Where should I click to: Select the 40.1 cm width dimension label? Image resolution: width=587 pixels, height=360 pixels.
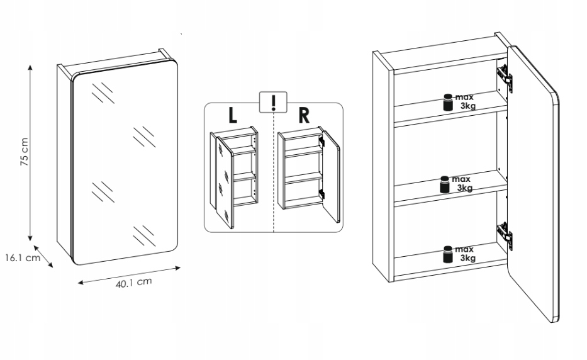[134, 283]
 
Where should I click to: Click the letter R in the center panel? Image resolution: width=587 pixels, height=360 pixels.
[305, 116]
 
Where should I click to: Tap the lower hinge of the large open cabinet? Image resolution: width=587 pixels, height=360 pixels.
[505, 233]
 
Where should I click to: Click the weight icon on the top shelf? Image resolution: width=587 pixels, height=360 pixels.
[448, 102]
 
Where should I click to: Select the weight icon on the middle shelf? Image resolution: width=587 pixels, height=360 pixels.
[444, 184]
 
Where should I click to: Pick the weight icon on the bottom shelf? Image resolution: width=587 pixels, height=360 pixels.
[448, 254]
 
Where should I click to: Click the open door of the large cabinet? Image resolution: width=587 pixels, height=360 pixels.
[535, 189]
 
